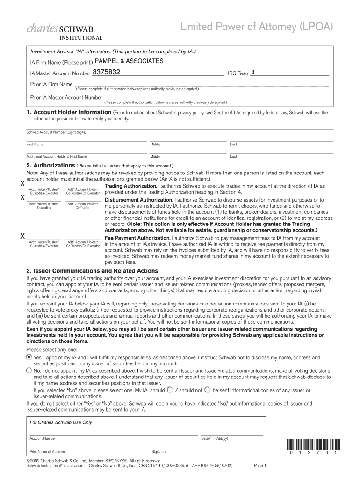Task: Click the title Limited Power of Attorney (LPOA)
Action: pyautogui.click(x=257, y=28)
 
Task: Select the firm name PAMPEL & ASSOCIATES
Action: pyautogui.click(x=129, y=61)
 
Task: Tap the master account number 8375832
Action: pyautogui.click(x=107, y=73)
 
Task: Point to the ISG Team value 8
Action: pyautogui.click(x=253, y=73)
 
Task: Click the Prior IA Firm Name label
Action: pyautogui.click(x=51, y=85)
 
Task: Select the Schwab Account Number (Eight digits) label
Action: pyautogui.click(x=56, y=132)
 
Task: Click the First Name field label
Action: pyautogui.click(x=35, y=145)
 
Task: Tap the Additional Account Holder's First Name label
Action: pyautogui.click(x=57, y=157)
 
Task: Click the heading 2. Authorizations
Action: pyautogui.click(x=50, y=166)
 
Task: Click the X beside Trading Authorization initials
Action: pyautogui.click(x=22, y=184)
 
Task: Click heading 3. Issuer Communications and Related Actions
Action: pyautogui.click(x=92, y=271)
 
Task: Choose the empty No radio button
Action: pyautogui.click(x=29, y=370)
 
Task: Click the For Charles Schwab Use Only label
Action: pyautogui.click(x=61, y=422)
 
